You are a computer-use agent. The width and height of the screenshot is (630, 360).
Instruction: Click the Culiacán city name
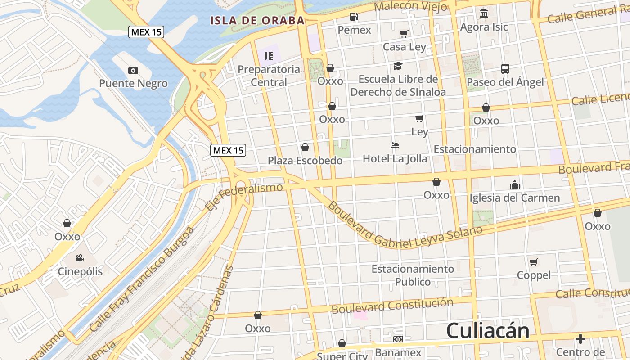(488, 331)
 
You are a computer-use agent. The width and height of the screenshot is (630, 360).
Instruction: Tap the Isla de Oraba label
(258, 20)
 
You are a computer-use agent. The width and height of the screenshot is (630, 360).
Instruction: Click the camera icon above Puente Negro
(133, 70)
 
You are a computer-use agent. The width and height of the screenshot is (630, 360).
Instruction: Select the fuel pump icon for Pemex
(355, 17)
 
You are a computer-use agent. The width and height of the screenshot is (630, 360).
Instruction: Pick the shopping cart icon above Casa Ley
(404, 34)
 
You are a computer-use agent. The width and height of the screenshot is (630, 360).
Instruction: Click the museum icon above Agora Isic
(484, 13)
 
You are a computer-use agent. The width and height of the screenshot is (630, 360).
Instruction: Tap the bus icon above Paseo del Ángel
(505, 69)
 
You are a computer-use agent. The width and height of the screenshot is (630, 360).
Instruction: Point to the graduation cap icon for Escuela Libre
(398, 66)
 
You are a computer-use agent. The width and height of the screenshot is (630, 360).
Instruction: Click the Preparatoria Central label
(269, 76)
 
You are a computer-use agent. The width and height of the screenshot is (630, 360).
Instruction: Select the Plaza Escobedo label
(305, 160)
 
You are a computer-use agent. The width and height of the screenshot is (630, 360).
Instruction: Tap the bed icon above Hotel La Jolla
(395, 145)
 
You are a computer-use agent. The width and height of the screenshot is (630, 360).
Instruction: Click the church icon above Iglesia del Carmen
(514, 184)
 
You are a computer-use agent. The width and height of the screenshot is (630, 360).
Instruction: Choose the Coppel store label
(534, 275)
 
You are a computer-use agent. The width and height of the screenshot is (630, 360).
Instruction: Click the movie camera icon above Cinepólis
(80, 258)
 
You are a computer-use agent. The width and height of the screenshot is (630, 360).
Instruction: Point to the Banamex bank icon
(398, 339)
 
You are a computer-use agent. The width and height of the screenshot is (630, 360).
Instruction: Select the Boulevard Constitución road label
(392, 306)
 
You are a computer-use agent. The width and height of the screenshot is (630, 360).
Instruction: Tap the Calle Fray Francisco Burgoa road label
(142, 279)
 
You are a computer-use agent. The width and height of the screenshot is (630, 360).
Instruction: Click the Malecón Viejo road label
(410, 7)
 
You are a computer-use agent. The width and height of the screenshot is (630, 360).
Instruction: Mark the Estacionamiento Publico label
(413, 275)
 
